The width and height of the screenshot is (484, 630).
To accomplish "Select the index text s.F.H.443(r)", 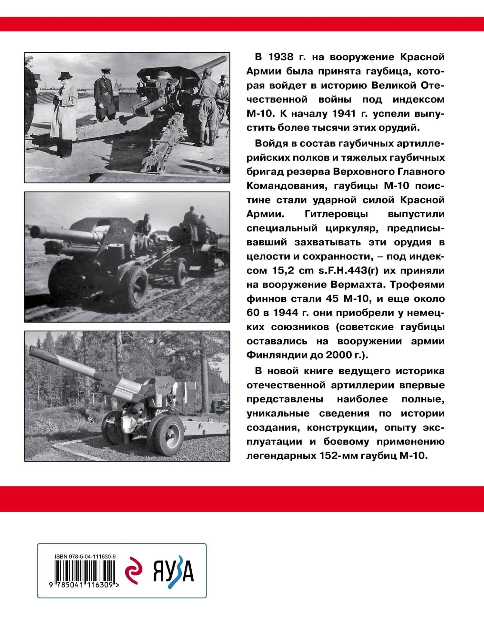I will click(348, 270).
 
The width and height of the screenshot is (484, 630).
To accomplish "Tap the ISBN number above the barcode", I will click(86, 556).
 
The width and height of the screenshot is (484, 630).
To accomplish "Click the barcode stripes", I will click(85, 570).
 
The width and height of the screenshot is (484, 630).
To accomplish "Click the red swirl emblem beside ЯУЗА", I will click(134, 571).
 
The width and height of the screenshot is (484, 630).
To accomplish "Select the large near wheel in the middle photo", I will click(134, 286).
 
